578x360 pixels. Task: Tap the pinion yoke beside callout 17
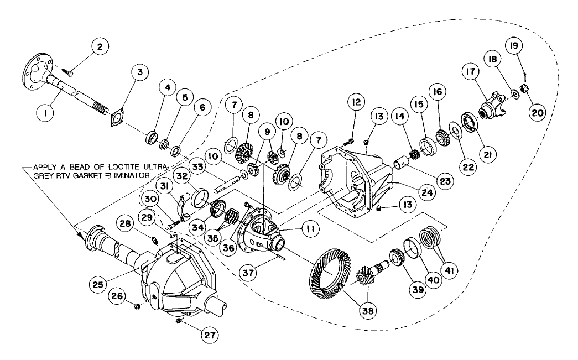pos(491,108)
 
